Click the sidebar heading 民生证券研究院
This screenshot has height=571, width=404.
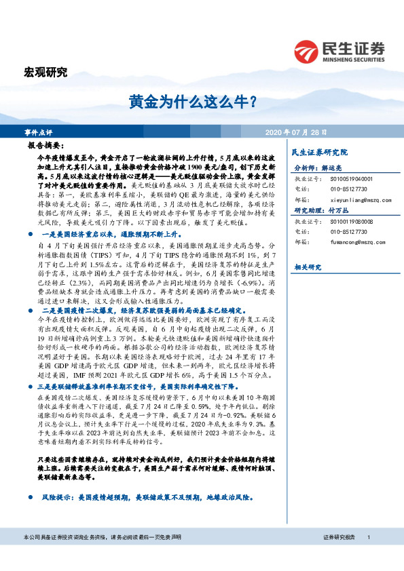(318, 153)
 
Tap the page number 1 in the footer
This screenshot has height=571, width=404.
(368, 556)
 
